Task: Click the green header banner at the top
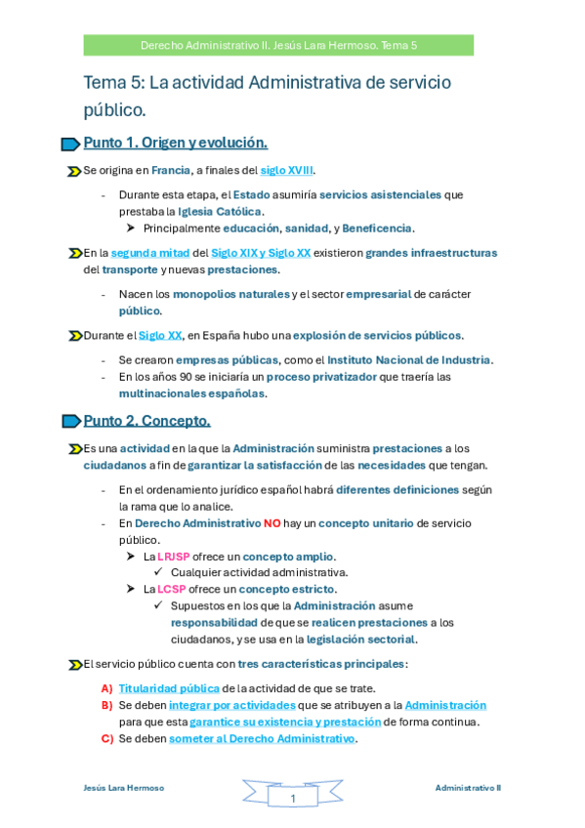278,45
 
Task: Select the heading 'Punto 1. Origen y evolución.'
176,143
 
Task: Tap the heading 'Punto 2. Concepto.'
146,421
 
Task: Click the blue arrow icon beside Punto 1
70,145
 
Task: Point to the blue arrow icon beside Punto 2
70,422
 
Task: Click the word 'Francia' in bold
171,170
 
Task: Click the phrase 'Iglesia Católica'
220,211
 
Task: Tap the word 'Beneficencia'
378,228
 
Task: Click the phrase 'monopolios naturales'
230,294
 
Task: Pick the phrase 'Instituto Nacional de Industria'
408,359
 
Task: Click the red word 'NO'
272,522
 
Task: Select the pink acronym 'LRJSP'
177,556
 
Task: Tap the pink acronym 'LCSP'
172,589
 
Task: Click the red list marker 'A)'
107,688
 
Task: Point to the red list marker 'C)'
107,738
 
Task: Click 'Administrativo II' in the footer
468,787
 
